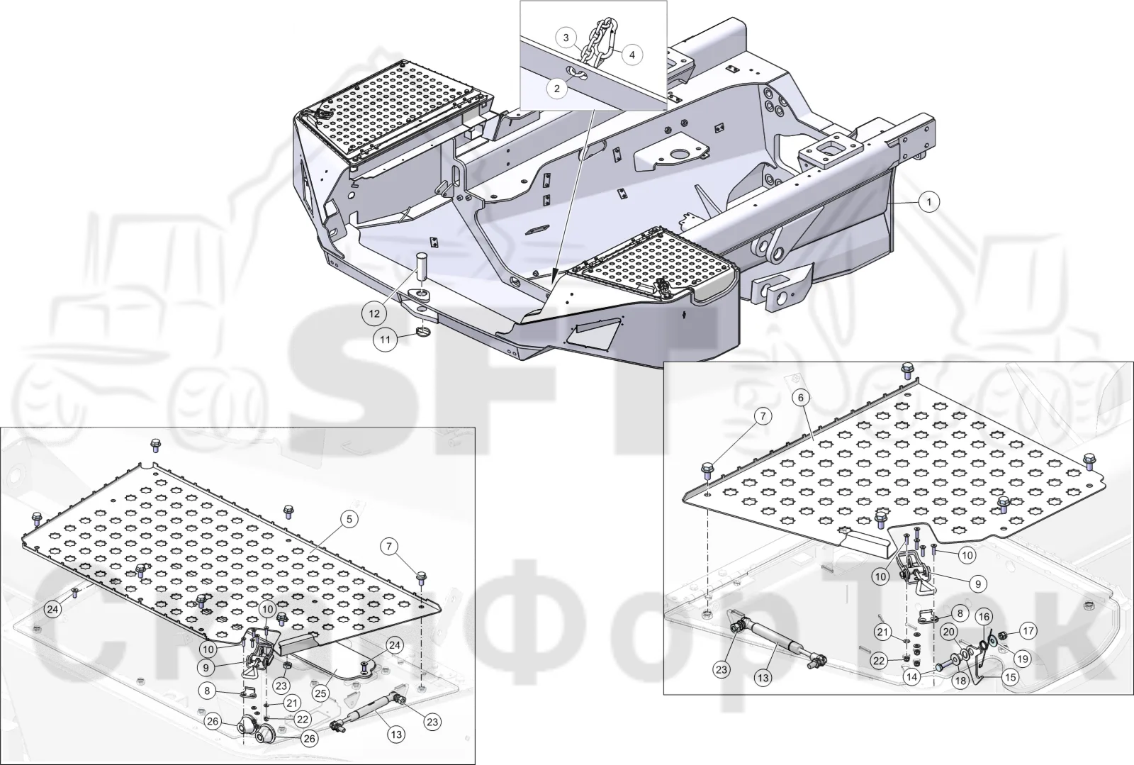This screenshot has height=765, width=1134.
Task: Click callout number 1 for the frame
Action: point(929,202)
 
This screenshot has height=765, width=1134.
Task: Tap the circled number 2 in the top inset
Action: point(557,89)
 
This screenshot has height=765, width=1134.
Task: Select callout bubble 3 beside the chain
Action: point(566,38)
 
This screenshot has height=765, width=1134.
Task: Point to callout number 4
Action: point(632,54)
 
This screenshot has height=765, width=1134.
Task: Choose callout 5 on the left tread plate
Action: point(349,520)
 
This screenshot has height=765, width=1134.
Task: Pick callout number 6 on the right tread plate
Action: point(801,398)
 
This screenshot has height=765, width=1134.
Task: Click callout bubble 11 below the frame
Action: point(386,339)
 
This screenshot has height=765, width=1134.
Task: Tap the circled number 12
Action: point(374,313)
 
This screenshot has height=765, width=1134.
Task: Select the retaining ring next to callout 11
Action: point(422,333)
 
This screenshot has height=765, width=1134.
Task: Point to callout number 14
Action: point(911,677)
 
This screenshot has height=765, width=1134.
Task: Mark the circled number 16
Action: point(984,617)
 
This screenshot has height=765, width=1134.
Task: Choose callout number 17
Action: point(1028,631)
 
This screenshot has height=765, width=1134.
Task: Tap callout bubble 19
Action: point(1023,659)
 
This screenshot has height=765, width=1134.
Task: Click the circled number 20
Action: point(949,632)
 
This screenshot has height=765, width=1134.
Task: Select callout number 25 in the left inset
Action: point(321,693)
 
